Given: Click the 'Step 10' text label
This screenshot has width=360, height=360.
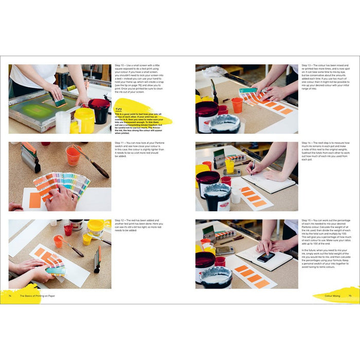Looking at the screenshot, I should (x=120, y=66).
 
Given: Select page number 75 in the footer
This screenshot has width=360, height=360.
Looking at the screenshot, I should (x=350, y=296).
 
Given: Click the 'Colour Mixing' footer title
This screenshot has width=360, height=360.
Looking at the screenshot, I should (x=332, y=296).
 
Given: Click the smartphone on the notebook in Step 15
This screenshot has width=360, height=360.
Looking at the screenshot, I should (x=265, y=257).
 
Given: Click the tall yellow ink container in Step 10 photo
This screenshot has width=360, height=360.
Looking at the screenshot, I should (x=84, y=120).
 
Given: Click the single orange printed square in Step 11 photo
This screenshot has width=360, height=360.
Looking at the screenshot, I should (x=35, y=200).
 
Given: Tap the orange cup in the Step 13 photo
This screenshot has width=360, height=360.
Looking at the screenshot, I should (x=237, y=105).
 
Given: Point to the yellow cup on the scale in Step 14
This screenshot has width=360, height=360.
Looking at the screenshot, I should (x=229, y=166).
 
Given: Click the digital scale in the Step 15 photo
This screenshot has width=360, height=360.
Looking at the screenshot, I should (x=225, y=250).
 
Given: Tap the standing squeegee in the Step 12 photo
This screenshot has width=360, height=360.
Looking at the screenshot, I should (x=97, y=260).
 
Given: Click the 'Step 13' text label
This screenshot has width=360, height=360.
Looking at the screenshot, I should (x=308, y=66).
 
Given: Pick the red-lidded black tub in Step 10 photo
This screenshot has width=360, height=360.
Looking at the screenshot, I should (x=99, y=110).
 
